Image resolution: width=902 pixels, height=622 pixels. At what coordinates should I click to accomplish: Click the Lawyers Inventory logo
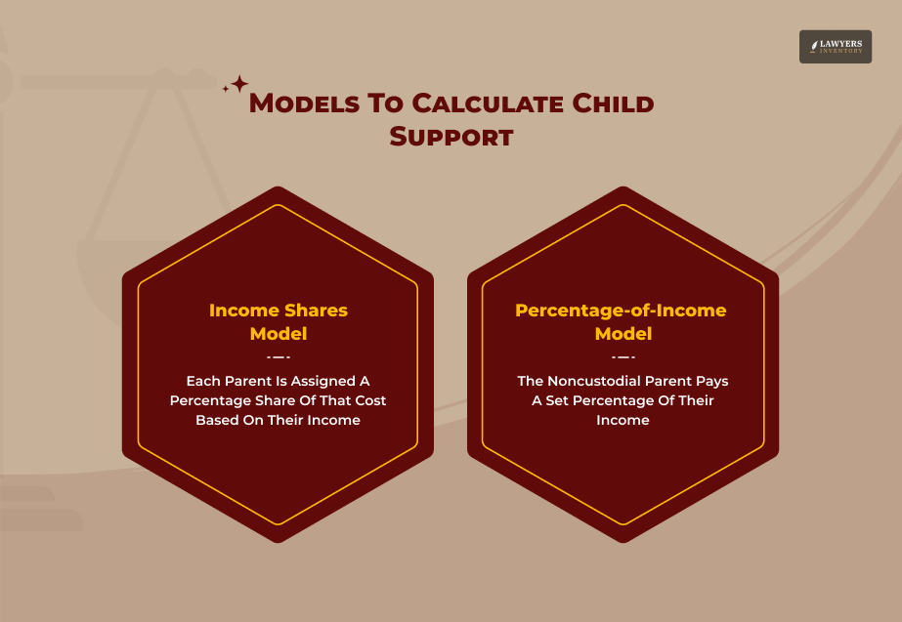[x=835, y=47]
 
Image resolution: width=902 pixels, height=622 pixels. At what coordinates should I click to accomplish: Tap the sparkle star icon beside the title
[x=236, y=85]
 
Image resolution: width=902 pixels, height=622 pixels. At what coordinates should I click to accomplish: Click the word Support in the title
[x=451, y=137]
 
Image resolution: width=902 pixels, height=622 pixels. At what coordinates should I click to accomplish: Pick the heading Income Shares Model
[x=279, y=322]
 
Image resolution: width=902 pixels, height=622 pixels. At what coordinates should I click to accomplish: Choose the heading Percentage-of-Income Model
[x=623, y=322]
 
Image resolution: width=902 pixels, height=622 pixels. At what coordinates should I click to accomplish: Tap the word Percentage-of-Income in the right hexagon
[x=621, y=311]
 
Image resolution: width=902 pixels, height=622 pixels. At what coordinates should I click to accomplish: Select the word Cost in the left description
[x=366, y=400]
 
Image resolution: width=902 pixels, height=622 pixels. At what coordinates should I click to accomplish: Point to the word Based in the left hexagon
[x=218, y=420]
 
